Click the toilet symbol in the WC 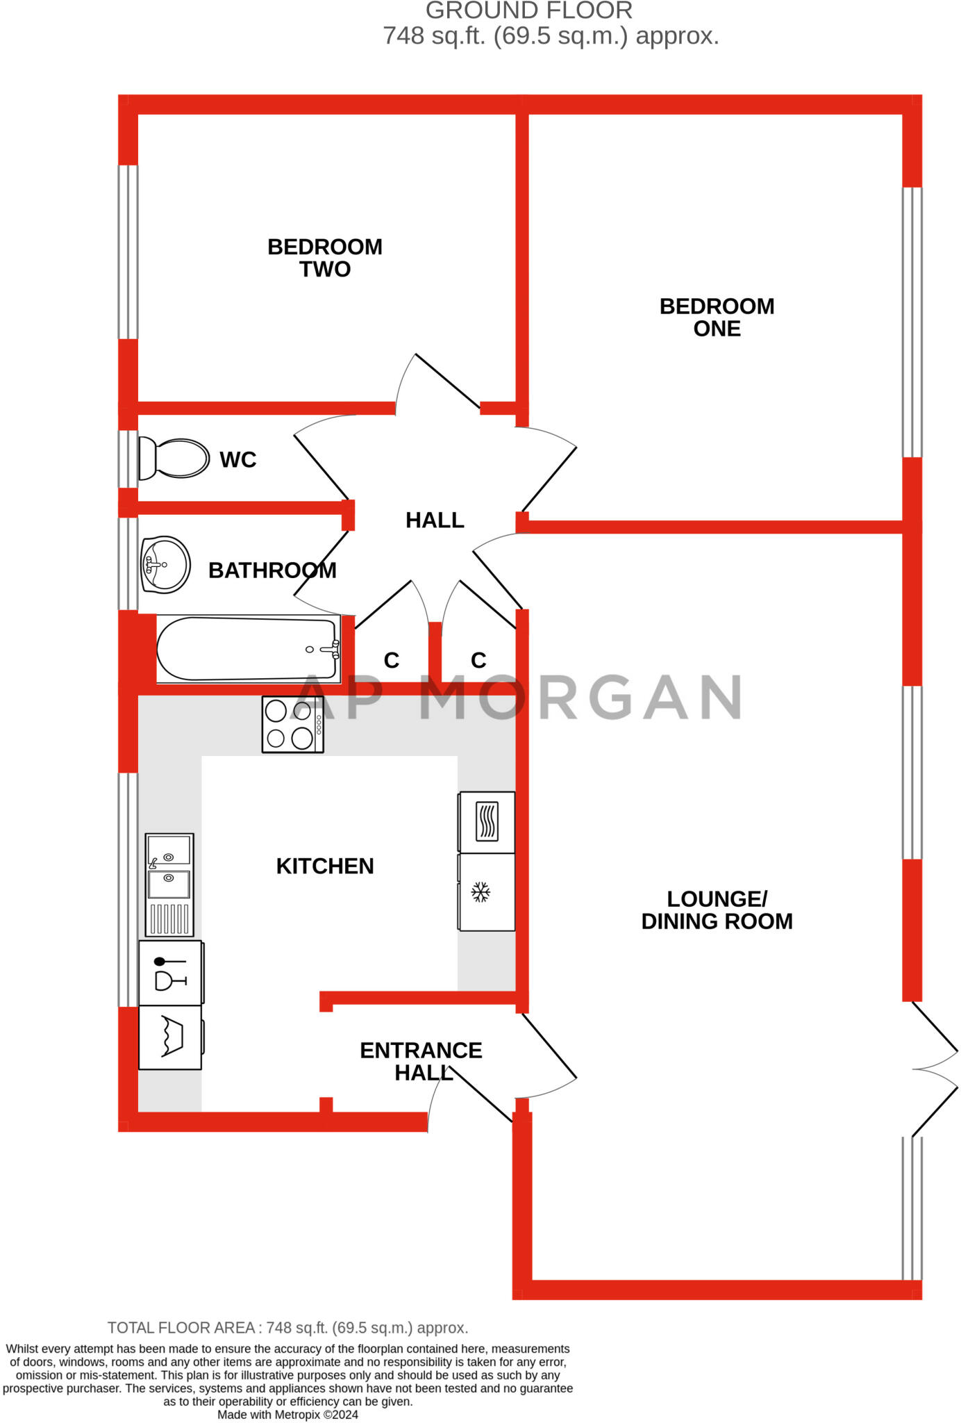[x=174, y=459]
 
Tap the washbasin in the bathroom [x=166, y=564]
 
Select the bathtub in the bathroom [x=249, y=648]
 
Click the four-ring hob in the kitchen [x=292, y=725]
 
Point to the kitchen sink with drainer [x=169, y=885]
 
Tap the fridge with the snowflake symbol [x=486, y=892]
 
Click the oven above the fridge [x=486, y=822]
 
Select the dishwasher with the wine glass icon [x=171, y=973]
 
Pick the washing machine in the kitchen [x=171, y=1037]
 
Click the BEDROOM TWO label [x=325, y=258]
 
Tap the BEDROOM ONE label [x=717, y=318]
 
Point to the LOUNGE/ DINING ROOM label [x=717, y=910]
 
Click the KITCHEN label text [x=325, y=866]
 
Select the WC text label [x=238, y=460]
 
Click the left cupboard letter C [x=392, y=660]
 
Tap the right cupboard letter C [x=478, y=660]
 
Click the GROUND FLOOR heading [x=529, y=10]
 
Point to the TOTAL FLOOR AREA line [x=288, y=1328]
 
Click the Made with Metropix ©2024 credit [x=288, y=1415]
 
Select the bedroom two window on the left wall [x=128, y=252]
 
